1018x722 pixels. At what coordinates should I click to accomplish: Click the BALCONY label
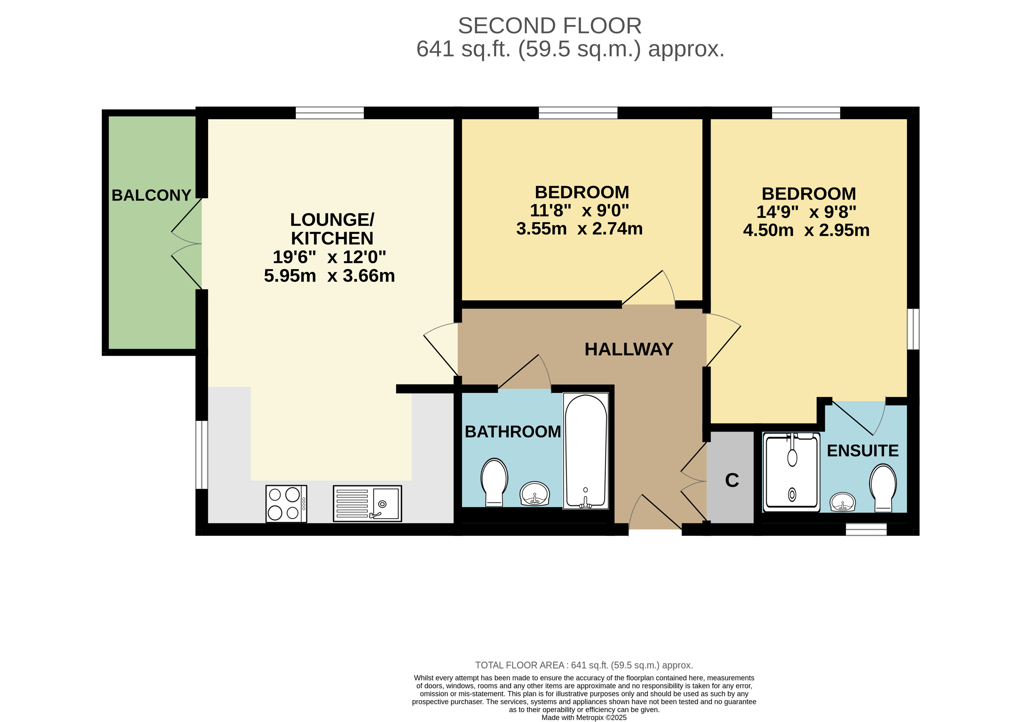click(151, 195)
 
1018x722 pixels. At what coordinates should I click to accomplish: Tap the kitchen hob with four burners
click(286, 504)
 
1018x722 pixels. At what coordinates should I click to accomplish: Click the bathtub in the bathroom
click(586, 451)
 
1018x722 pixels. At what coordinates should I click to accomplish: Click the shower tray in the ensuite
click(792, 472)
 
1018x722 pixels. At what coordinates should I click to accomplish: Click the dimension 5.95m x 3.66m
click(329, 276)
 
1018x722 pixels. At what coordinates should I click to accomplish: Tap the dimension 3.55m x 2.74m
click(579, 229)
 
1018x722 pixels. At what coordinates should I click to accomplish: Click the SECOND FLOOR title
click(550, 26)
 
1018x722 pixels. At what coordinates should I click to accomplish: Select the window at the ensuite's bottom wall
click(866, 529)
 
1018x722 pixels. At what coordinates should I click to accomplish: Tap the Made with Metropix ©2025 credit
click(584, 717)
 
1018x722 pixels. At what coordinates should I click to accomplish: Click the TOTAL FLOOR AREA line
click(584, 665)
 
